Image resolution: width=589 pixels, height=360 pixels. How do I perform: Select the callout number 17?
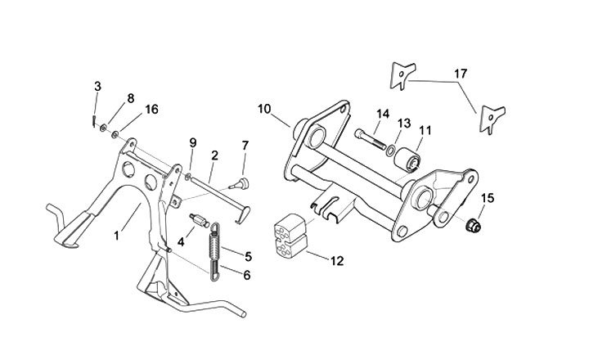pos(461,74)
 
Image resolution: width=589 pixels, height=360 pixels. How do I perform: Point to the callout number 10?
pos(263,108)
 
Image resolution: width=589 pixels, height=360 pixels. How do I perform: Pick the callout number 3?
pos(98,87)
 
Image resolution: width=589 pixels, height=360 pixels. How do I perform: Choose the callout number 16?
pos(151,109)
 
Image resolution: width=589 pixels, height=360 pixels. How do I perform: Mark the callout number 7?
pos(245,146)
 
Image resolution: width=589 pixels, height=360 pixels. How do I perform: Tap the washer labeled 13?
pos(392,151)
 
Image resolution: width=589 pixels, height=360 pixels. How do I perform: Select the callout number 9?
pos(193,142)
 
